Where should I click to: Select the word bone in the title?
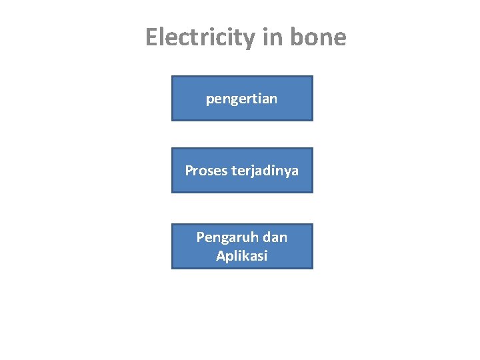[319, 37]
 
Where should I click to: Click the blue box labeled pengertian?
[242, 99]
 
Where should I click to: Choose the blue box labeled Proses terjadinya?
[242, 171]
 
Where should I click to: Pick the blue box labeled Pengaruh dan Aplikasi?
[242, 247]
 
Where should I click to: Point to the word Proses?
[206, 171]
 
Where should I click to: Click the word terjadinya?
[265, 171]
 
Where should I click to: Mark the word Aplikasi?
[241, 256]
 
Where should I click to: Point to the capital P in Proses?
[189, 171]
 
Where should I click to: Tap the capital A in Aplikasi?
[221, 256]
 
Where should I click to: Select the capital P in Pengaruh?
[200, 237]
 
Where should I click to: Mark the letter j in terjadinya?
[258, 172]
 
